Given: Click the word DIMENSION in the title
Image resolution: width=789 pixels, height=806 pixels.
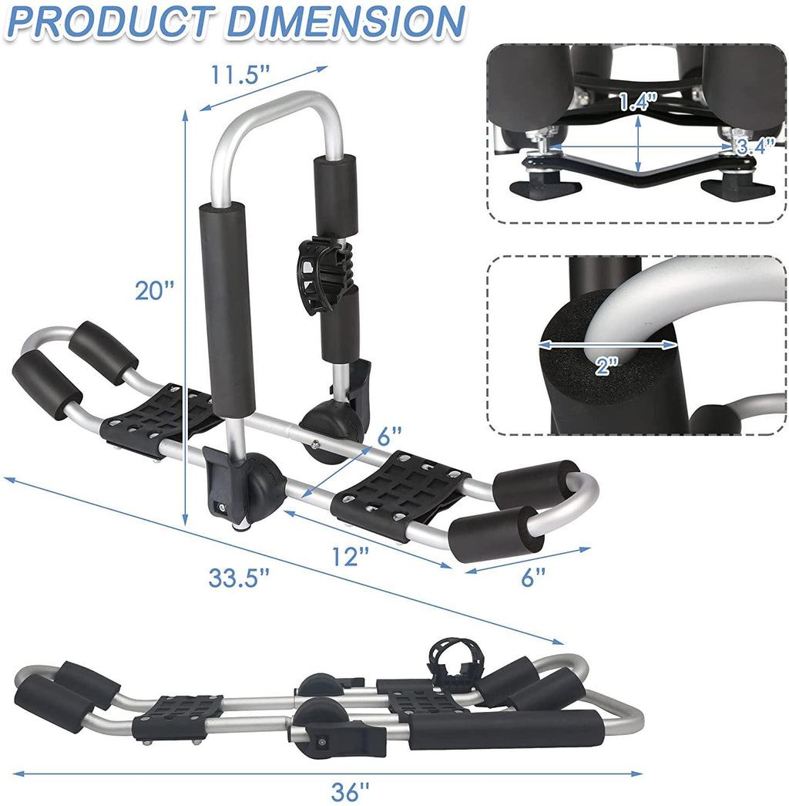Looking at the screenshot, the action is point(345,22).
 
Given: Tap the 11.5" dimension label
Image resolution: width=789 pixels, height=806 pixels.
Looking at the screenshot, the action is point(240,75).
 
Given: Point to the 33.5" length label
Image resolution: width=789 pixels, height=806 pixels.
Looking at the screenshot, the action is point(239,577).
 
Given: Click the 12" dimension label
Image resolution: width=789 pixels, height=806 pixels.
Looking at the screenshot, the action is point(351,556).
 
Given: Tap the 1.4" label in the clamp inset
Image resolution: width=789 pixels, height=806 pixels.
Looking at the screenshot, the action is point(637,102).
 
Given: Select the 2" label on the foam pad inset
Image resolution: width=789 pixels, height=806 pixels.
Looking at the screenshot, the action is point(607,366).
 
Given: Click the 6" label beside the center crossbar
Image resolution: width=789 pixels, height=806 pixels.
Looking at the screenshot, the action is point(389,437).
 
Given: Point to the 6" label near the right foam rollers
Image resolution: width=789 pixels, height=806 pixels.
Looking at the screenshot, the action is point(533,577).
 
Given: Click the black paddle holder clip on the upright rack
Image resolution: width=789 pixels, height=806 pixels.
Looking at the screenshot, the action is point(325,275).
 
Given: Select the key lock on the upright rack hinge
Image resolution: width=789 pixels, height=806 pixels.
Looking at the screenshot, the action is point(220,508).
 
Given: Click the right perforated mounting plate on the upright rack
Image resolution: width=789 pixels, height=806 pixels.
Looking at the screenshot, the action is point(401,494).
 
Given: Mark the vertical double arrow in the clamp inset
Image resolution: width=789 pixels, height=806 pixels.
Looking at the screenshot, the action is point(638,144).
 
